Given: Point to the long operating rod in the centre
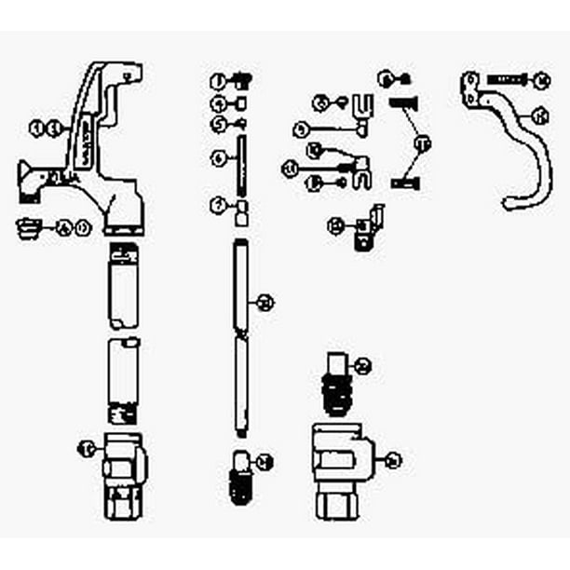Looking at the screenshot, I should click(239, 335).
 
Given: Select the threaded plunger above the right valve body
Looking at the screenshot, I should click(338, 382).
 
